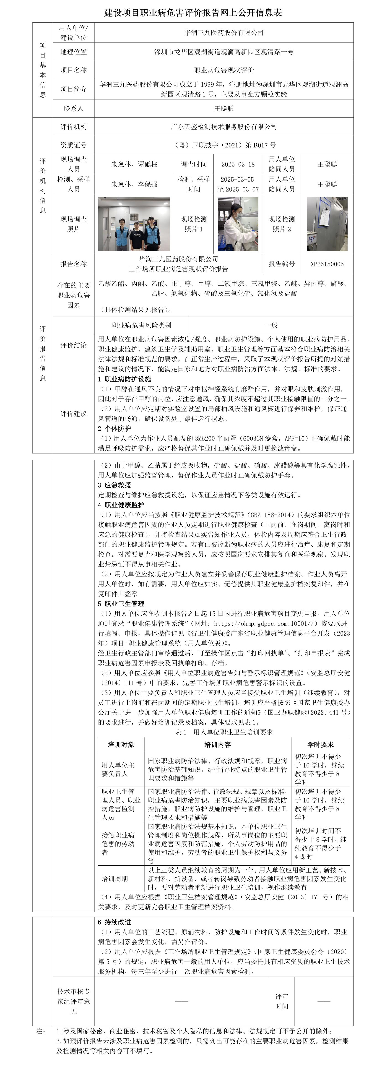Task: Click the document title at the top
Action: pos(193,13)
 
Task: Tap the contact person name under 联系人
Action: pos(224,108)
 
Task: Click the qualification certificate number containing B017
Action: pos(224,145)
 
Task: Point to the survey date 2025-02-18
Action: pos(238,164)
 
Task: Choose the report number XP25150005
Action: pos(327,264)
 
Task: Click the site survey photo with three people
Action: pos(134,224)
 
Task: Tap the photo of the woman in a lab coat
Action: pos(238,224)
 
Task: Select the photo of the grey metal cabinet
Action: pos(327,224)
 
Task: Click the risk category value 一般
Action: pos(271,325)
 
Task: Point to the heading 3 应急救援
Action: pos(115,485)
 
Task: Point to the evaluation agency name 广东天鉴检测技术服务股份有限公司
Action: pos(224,127)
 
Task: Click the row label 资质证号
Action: pos(74,145)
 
